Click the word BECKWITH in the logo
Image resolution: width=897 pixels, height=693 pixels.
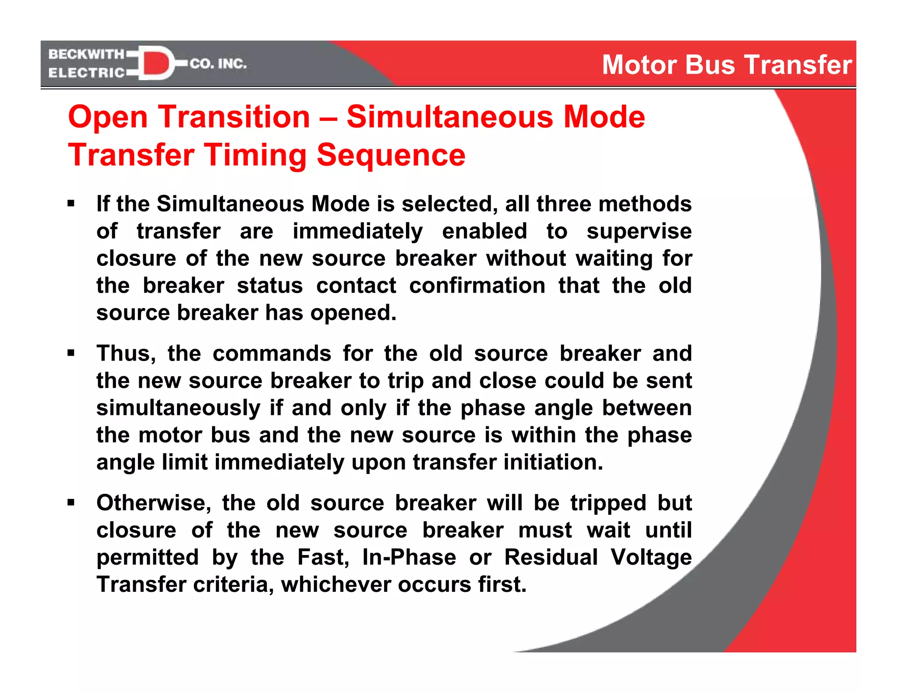[x=86, y=54]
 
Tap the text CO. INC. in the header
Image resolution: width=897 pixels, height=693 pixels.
[x=218, y=64]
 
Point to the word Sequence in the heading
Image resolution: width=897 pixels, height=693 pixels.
[x=391, y=155]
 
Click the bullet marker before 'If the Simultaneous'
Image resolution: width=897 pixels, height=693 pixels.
[x=71, y=203]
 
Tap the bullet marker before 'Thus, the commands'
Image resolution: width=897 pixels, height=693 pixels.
[x=71, y=353]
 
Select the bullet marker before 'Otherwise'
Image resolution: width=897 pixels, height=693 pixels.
[x=71, y=502]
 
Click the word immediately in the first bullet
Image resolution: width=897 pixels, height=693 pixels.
[x=357, y=231]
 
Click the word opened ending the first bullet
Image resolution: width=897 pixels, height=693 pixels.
[x=353, y=313]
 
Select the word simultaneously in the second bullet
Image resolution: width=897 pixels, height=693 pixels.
[x=178, y=408]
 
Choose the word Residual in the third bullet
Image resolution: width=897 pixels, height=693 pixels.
[x=551, y=557]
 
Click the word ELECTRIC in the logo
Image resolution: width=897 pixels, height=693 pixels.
[x=86, y=73]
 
